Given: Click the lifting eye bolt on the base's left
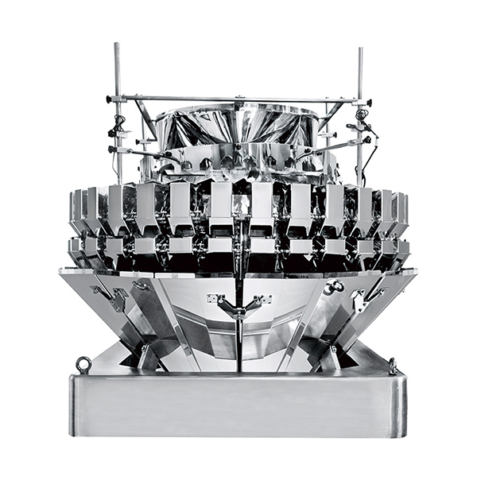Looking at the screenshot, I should [83, 364].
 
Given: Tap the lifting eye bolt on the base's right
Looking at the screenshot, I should [392, 366].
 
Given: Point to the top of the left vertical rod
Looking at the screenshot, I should [117, 46].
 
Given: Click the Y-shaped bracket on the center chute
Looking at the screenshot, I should [238, 305].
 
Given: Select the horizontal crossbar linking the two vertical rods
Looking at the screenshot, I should [238, 100].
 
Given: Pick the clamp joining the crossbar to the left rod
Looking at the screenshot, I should [117, 99].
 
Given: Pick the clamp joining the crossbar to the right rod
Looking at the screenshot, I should [360, 102].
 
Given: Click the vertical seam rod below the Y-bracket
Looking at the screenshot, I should [238, 346].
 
